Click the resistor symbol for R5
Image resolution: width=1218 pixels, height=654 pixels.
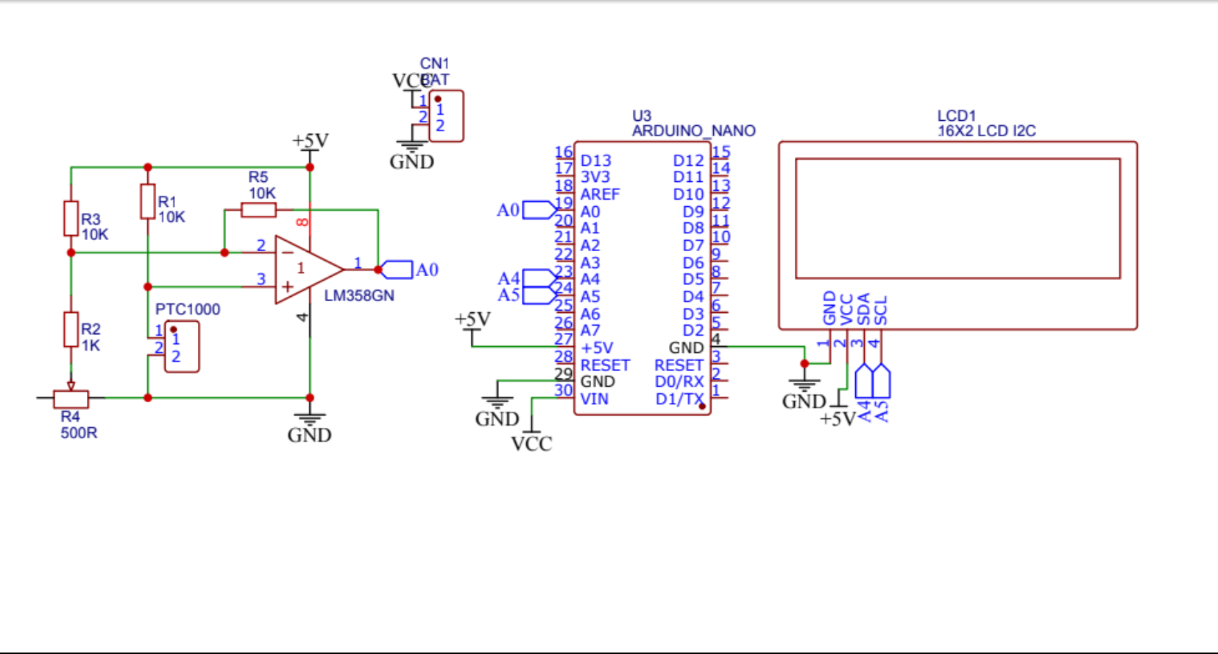[x=258, y=211]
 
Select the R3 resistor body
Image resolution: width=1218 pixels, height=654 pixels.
[x=71, y=218]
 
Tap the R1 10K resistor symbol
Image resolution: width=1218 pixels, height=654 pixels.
[x=148, y=202]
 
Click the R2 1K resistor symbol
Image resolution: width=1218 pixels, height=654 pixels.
[x=71, y=329]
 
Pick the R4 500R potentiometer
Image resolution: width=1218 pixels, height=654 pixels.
[x=71, y=398]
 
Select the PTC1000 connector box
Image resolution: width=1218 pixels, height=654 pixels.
[x=181, y=347]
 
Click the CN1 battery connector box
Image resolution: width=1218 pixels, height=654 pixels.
[x=446, y=116]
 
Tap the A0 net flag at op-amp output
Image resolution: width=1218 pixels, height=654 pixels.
[x=398, y=270]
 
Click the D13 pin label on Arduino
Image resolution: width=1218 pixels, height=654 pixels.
[x=595, y=161]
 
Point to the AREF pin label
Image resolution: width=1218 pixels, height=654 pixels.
[x=600, y=194]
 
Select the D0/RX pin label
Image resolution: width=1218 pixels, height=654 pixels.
[x=679, y=381]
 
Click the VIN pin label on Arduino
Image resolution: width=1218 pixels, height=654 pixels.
[x=594, y=399]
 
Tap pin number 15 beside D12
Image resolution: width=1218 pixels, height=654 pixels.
[x=720, y=152]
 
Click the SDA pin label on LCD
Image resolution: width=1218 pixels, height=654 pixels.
[x=863, y=309]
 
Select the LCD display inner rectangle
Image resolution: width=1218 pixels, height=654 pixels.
[x=957, y=218]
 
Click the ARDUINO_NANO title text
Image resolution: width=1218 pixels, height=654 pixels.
[x=693, y=131]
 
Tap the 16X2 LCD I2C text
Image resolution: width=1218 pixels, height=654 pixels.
[x=986, y=131]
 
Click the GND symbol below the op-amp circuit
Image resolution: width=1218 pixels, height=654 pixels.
[x=309, y=427]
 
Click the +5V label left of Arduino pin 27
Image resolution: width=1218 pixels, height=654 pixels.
[x=472, y=319]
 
